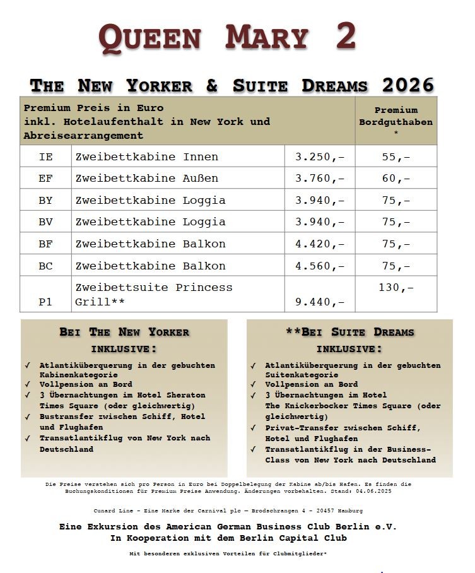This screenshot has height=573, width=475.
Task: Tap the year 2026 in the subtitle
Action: pyautogui.click(x=408, y=85)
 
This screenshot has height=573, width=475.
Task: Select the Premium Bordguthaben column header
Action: pyautogui.click(x=396, y=121)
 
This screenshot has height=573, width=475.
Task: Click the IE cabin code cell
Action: pyautogui.click(x=45, y=157)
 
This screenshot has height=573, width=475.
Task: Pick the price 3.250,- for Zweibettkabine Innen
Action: pyautogui.click(x=320, y=157)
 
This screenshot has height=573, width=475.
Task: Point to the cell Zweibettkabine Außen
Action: pyautogui.click(x=147, y=179)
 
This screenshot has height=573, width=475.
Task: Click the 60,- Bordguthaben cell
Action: pyautogui.click(x=396, y=179)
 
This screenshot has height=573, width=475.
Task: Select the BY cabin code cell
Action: pyautogui.click(x=45, y=200)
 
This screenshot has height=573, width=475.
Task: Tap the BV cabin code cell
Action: pyautogui.click(x=45, y=222)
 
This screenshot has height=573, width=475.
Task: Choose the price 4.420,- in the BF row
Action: pyautogui.click(x=320, y=244)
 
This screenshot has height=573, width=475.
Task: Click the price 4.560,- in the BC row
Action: pyautogui.click(x=320, y=266)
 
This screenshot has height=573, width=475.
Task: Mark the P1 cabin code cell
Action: pyautogui.click(x=45, y=302)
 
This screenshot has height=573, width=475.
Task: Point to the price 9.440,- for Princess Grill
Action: pyautogui.click(x=320, y=302)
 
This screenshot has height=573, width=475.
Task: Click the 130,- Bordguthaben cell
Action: pyautogui.click(x=396, y=287)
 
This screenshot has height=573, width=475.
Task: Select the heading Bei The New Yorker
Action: pyautogui.click(x=124, y=332)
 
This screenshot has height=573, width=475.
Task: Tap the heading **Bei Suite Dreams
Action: pyautogui.click(x=349, y=332)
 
